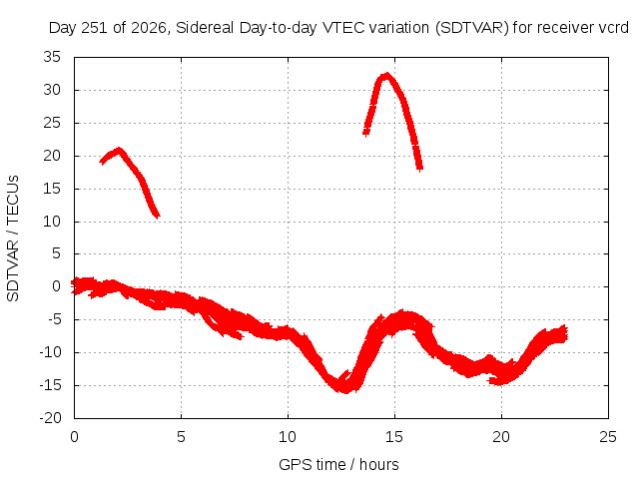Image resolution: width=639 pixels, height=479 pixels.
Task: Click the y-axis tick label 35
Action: (x=52, y=57)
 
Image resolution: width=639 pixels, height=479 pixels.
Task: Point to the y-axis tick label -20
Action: (x=51, y=418)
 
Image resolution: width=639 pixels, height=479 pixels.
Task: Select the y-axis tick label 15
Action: (x=52, y=189)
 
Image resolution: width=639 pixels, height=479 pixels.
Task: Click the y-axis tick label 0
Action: (x=57, y=286)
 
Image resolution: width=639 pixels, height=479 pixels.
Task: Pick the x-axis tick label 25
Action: (x=608, y=437)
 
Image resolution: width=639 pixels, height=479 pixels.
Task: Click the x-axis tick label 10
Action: (x=288, y=437)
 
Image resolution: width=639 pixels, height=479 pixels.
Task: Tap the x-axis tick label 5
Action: (x=181, y=437)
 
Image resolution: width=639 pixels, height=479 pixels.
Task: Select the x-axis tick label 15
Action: (x=394, y=437)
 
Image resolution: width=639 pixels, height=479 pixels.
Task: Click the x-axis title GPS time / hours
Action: (x=338, y=464)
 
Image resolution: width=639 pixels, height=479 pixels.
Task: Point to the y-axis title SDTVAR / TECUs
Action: (x=13, y=239)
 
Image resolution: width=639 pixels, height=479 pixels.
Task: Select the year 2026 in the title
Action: (x=149, y=28)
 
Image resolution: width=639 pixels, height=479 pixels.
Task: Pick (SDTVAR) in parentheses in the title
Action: (x=472, y=28)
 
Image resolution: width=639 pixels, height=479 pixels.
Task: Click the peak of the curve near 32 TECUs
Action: (x=386, y=75)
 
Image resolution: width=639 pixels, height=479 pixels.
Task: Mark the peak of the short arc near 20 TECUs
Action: (x=119, y=149)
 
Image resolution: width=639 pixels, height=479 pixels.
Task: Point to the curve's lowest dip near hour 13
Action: (x=346, y=391)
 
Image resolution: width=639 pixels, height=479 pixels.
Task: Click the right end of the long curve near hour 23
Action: (x=565, y=333)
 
